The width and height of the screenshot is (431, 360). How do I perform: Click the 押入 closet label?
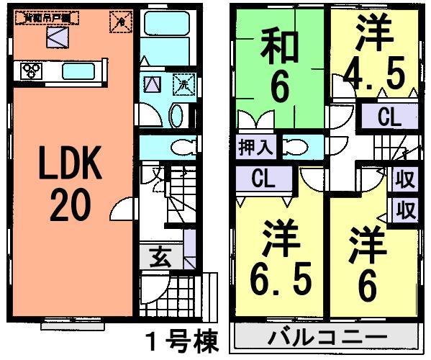(254, 148)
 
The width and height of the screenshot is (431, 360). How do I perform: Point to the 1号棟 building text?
(180, 341)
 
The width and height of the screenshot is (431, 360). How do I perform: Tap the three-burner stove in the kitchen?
(32, 71)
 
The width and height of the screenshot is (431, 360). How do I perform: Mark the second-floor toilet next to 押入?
(294, 148)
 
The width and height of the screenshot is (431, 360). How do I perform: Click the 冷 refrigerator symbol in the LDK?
(121, 22)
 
